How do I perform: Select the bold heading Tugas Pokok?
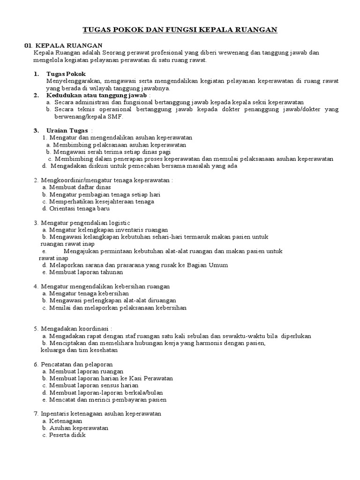pyautogui.click(x=66, y=74)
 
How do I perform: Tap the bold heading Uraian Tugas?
pyautogui.click(x=67, y=130)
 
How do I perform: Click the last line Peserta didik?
pyautogui.click(x=67, y=435)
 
